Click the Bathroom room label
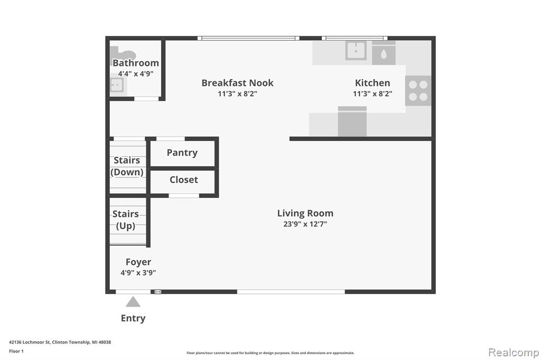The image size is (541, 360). pos(136,63)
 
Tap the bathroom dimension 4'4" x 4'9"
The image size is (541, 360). pos(136,73)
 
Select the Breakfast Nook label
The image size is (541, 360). pos(237,83)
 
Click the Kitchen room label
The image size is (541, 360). pos(372,83)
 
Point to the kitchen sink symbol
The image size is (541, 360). pos(356,50)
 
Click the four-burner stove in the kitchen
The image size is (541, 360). pos(418,90)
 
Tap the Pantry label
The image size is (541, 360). pos(182,153)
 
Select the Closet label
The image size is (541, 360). pos(183,179)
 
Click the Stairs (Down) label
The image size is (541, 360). pos(127,166)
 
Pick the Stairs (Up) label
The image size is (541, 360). pos(126,220)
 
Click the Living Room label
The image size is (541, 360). pos(305,213)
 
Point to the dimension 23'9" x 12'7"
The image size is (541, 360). pos(305,224)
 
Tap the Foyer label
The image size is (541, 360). pos(138,262)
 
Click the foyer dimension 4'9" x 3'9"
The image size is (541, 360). pos(138,273)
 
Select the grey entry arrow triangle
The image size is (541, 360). pos(133,302)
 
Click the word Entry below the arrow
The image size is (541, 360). pos(133,318)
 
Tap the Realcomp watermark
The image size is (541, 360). pos(514,353)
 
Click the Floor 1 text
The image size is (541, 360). pos(16,351)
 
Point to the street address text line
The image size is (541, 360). pos(60,342)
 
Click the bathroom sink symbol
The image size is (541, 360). pos(116,85)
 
